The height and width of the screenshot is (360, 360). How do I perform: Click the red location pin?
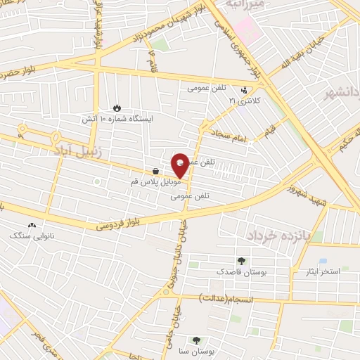click(180, 165)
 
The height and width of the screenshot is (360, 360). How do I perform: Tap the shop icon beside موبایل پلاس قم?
click(155, 171)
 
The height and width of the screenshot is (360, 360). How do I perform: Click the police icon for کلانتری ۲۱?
click(244, 90)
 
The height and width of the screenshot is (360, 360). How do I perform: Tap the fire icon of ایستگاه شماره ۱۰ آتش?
click(116, 108)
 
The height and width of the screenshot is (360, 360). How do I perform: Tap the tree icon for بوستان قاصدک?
click(242, 261)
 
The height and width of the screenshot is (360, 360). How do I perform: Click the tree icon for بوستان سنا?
click(196, 340)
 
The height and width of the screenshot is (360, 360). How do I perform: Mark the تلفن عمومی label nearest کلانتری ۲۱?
click(205, 89)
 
